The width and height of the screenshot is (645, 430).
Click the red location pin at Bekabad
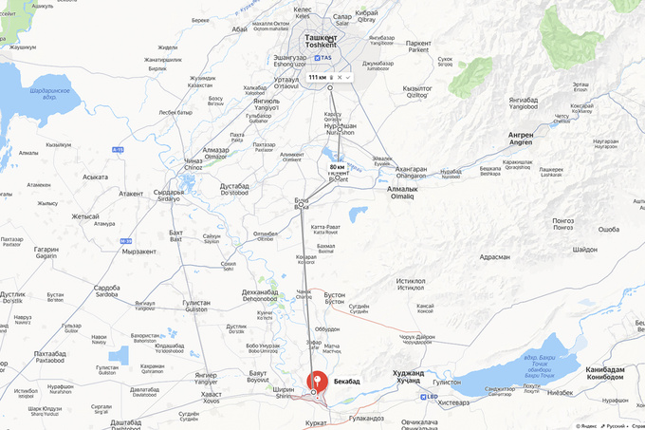pos(315,381)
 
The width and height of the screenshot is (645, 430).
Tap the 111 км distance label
pos(319,76)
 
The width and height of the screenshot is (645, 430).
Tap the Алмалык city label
pos(402,189)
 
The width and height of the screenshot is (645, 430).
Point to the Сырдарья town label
pos(167,192)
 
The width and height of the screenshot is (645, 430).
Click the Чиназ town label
pos(193,161)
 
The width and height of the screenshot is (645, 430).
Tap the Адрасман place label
pos(495,256)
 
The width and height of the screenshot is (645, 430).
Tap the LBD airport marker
pos(432,396)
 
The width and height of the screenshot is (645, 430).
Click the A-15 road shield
pos(118,149)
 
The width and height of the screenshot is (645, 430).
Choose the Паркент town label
pos(418,43)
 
